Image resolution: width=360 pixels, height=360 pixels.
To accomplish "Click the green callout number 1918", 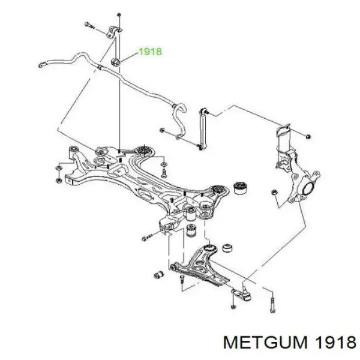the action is click(x=151, y=52).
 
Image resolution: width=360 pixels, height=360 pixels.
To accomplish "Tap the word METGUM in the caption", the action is click(x=265, y=343).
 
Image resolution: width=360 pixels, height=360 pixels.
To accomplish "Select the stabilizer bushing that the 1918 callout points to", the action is click(x=115, y=62).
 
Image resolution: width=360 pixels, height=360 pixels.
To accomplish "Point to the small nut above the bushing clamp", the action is click(x=119, y=15).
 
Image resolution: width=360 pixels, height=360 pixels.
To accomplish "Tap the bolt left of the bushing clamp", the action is click(x=89, y=25).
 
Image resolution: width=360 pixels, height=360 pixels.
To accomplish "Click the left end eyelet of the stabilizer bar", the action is click(x=41, y=65).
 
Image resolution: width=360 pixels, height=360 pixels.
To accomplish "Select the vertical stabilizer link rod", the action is click(x=203, y=128).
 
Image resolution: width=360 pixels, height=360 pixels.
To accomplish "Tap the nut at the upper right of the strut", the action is click(x=308, y=137).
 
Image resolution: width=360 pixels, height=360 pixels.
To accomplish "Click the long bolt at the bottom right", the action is click(x=272, y=305).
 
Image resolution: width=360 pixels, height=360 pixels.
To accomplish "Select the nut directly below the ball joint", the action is click(x=233, y=307).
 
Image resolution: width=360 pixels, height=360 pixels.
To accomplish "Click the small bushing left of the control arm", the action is click(x=158, y=274).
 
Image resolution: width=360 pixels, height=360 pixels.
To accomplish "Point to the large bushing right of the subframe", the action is click(x=239, y=187).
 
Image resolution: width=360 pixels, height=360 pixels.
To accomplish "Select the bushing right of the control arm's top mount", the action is click(x=228, y=247).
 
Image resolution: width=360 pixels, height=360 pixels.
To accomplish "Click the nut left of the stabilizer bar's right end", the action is click(x=162, y=130).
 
